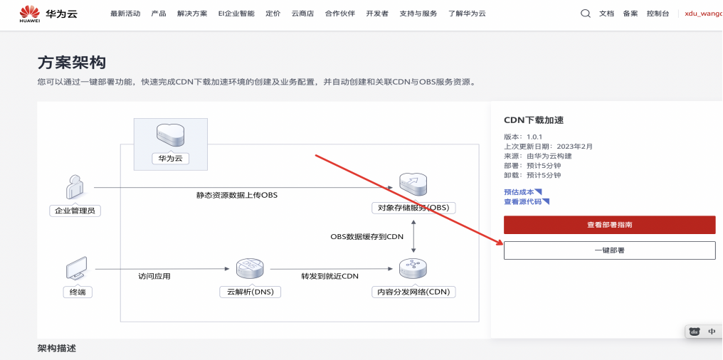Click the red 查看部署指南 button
click(609, 225)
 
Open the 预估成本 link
click(523, 192)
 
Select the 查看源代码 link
click(527, 201)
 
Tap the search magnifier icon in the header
click(585, 14)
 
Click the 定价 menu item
click(273, 14)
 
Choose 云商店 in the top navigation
click(302, 14)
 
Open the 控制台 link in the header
click(658, 14)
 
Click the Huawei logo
click(29, 14)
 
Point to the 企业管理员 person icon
click(75, 187)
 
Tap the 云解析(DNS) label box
click(250, 292)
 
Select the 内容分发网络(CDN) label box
click(413, 292)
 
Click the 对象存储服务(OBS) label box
click(413, 208)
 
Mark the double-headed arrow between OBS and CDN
click(413, 237)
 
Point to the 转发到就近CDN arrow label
click(329, 276)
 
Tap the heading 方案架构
click(71, 63)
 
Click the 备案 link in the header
click(630, 14)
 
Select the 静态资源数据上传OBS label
click(237, 195)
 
